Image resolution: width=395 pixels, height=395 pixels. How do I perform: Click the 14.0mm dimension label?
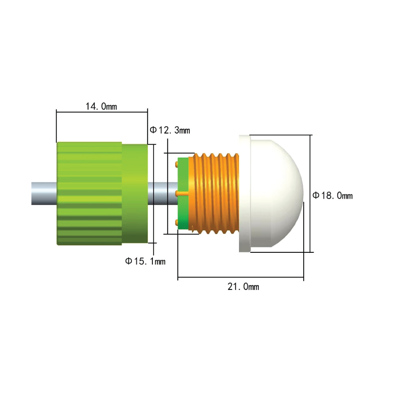(x=101, y=107)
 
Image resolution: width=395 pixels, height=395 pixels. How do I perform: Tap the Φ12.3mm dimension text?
(x=170, y=130)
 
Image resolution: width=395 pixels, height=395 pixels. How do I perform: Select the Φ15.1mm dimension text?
(x=145, y=261)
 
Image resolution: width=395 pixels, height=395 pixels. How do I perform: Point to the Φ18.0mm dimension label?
(x=333, y=196)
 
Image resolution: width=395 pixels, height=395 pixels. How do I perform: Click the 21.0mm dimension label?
(x=243, y=287)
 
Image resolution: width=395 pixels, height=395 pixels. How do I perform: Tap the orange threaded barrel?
(x=214, y=194)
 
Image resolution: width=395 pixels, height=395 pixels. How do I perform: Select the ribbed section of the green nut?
(x=89, y=194)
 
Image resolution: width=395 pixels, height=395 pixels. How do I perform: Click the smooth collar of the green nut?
(x=135, y=194)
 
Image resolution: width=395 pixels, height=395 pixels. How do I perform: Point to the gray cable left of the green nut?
(x=44, y=194)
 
